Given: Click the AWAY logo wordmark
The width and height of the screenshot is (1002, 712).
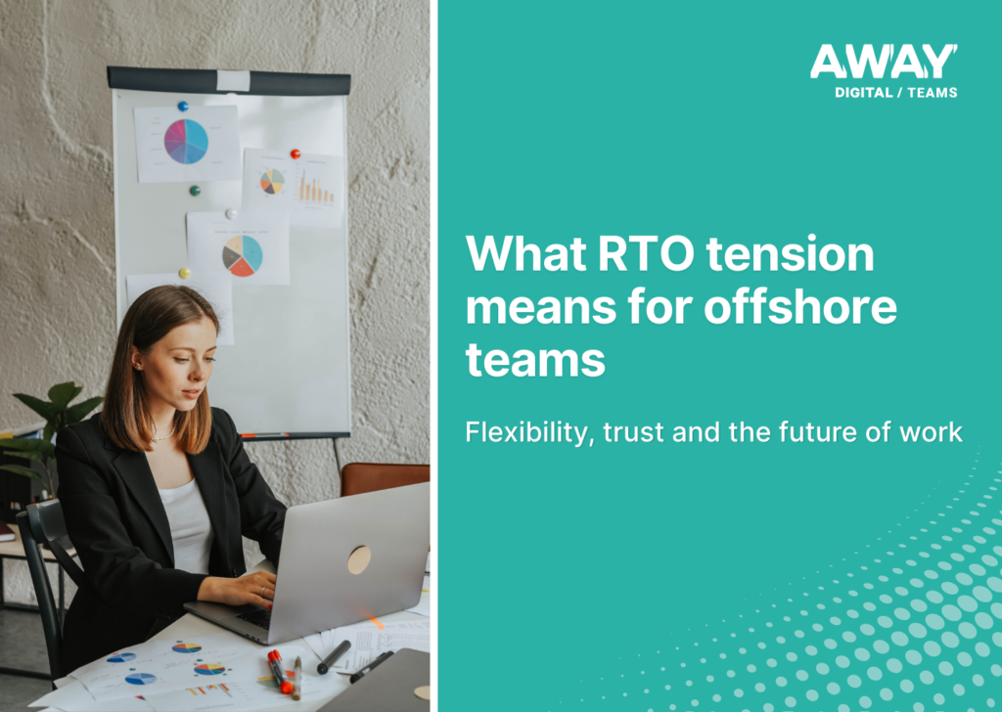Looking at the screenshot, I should [883, 63].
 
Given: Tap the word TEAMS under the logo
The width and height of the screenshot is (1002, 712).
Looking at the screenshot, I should [934, 93].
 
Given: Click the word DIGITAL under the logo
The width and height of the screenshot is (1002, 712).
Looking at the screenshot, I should [863, 93].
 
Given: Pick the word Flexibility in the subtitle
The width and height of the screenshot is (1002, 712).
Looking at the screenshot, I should [527, 431].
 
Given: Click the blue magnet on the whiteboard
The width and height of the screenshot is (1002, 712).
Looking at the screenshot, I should [182, 106].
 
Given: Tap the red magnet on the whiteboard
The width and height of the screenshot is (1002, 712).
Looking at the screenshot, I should [295, 154].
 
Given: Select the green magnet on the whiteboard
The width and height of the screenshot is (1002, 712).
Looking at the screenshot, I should [195, 190].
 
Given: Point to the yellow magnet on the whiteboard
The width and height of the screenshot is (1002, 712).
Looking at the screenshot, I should [183, 273].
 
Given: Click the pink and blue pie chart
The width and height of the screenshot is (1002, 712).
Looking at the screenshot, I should [186, 142].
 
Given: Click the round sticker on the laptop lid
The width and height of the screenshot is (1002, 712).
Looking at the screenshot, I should [360, 559].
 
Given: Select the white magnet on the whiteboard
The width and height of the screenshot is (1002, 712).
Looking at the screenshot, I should [231, 212].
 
